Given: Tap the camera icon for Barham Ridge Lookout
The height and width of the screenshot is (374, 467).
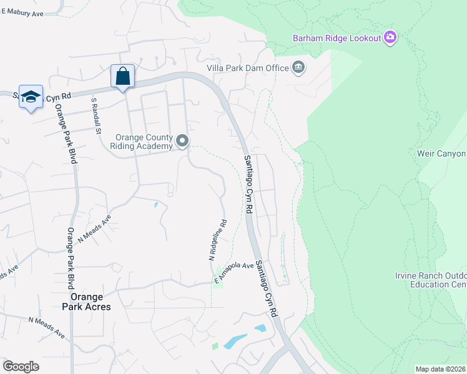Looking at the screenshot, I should [x=391, y=38].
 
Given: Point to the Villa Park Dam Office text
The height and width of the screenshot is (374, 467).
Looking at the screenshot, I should [x=247, y=68].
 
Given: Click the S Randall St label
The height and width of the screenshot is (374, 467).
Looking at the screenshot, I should [x=96, y=115].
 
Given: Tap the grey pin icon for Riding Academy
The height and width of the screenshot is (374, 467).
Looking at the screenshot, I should [x=182, y=141].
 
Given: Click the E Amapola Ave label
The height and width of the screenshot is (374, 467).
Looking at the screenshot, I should [x=234, y=274].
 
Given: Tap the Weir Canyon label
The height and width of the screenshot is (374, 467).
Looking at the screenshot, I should [x=442, y=153].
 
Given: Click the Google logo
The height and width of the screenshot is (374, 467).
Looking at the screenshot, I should [x=21, y=366].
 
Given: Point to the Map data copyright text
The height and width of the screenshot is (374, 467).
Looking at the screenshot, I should [x=440, y=369].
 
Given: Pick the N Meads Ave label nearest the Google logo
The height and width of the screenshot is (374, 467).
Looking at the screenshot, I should [x=46, y=327].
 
